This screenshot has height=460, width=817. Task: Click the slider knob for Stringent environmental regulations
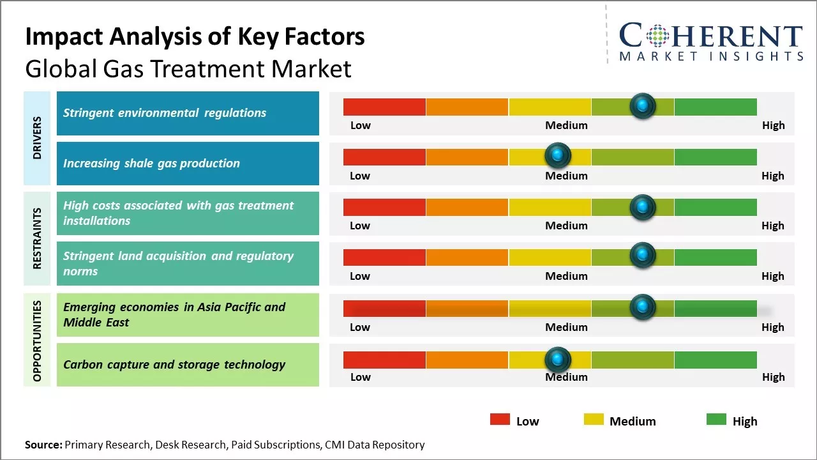click(x=642, y=105)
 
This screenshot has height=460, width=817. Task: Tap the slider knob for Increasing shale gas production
click(x=558, y=155)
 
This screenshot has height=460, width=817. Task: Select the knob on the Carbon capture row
click(x=558, y=360)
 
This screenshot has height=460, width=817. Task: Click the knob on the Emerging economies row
click(x=642, y=307)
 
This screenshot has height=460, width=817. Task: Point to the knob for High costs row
click(x=642, y=206)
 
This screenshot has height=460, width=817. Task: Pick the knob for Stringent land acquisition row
click(x=642, y=256)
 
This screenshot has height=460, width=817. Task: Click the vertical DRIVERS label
click(x=37, y=138)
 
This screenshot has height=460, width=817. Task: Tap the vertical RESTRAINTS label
click(x=37, y=238)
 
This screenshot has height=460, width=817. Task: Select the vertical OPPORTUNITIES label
click(x=37, y=341)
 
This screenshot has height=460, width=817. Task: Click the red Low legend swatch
click(x=500, y=420)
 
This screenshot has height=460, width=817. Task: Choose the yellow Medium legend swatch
click(x=594, y=420)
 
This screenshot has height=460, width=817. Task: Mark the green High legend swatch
click(x=716, y=420)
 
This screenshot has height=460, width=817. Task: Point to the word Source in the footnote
click(x=43, y=445)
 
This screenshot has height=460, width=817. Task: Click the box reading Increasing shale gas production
click(x=188, y=164)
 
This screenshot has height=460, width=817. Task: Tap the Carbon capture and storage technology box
click(x=188, y=365)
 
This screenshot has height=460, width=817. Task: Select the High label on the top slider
click(x=773, y=125)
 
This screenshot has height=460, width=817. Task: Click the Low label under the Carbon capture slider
click(x=360, y=377)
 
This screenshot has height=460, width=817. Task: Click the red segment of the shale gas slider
click(x=384, y=157)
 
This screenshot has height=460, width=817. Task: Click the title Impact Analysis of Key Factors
click(x=195, y=37)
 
